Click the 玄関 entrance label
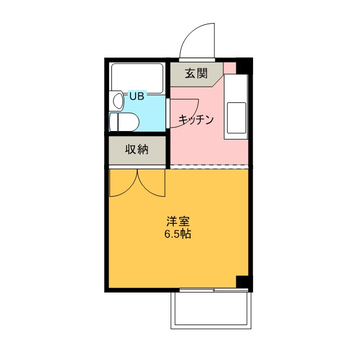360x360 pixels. point(195,73)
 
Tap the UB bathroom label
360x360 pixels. point(137,96)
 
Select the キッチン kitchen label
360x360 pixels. point(197,119)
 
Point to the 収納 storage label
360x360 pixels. point(137,150)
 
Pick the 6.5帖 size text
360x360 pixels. point(178,233)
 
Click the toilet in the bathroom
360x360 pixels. point(124,120)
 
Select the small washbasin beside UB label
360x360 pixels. point(118,101)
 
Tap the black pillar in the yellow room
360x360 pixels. point(242,282)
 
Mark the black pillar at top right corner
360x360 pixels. point(244,66)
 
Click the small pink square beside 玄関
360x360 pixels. point(229,68)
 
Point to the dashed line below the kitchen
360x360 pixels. point(209,166)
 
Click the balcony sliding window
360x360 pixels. point(214,290)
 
